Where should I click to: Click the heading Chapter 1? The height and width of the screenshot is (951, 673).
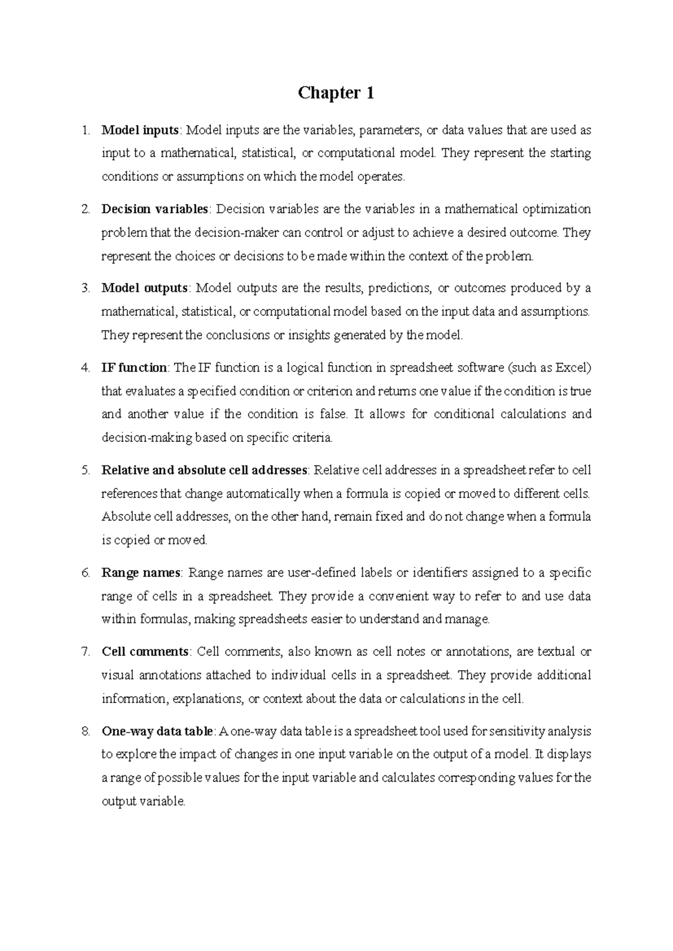336,93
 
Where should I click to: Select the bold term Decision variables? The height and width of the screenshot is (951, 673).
155,209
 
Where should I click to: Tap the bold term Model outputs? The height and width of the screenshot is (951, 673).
145,288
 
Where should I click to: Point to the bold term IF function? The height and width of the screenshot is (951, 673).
134,368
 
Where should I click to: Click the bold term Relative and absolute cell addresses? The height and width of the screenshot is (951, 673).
204,470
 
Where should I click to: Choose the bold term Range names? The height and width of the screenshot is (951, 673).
141,573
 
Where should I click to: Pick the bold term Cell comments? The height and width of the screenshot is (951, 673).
145,652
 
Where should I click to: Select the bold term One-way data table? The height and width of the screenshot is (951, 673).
157,731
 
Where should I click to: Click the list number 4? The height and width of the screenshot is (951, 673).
85,368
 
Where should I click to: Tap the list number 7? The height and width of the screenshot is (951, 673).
85,652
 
